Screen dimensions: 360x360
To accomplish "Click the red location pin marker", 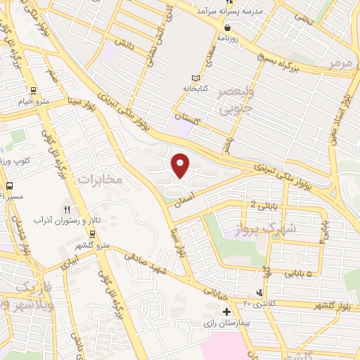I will [x=181, y=166].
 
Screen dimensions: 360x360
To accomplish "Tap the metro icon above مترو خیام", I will [x=33, y=90].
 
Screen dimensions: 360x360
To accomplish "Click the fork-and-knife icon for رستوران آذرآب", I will [x=68, y=210].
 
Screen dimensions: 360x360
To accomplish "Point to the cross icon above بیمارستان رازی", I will [x=226, y=311].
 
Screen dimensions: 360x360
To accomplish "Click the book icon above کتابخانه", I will [x=195, y=78].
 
